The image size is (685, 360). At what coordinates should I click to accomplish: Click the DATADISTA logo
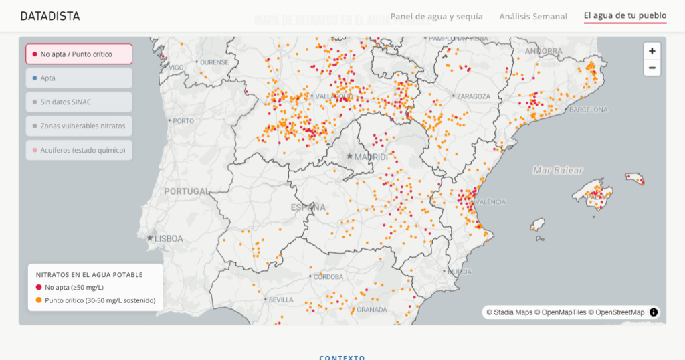tap(50, 16)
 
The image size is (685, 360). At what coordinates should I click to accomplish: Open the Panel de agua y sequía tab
tap(436, 16)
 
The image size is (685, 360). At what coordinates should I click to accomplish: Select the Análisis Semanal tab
tap(533, 16)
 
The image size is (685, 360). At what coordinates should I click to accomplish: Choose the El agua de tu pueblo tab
tap(625, 16)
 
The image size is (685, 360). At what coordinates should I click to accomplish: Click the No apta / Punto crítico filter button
tap(79, 54)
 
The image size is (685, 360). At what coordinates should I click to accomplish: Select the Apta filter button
tap(79, 78)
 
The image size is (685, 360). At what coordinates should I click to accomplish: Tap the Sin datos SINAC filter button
tap(79, 102)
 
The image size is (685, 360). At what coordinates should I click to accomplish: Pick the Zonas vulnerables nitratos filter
tap(79, 126)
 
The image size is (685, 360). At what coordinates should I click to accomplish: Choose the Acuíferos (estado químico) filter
tap(79, 150)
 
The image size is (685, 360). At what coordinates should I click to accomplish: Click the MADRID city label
tap(370, 157)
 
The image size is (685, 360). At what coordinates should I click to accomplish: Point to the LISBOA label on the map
tap(169, 238)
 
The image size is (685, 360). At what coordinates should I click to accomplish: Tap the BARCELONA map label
tap(589, 110)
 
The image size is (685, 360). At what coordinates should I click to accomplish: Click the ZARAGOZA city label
tap(474, 96)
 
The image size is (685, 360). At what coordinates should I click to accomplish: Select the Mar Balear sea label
tap(558, 171)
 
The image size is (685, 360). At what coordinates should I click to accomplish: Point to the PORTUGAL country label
tap(187, 191)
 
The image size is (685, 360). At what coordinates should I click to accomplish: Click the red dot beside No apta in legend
tap(39, 288)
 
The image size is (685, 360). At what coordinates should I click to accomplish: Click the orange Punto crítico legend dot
tap(39, 300)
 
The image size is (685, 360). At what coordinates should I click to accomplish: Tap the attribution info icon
tap(654, 312)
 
